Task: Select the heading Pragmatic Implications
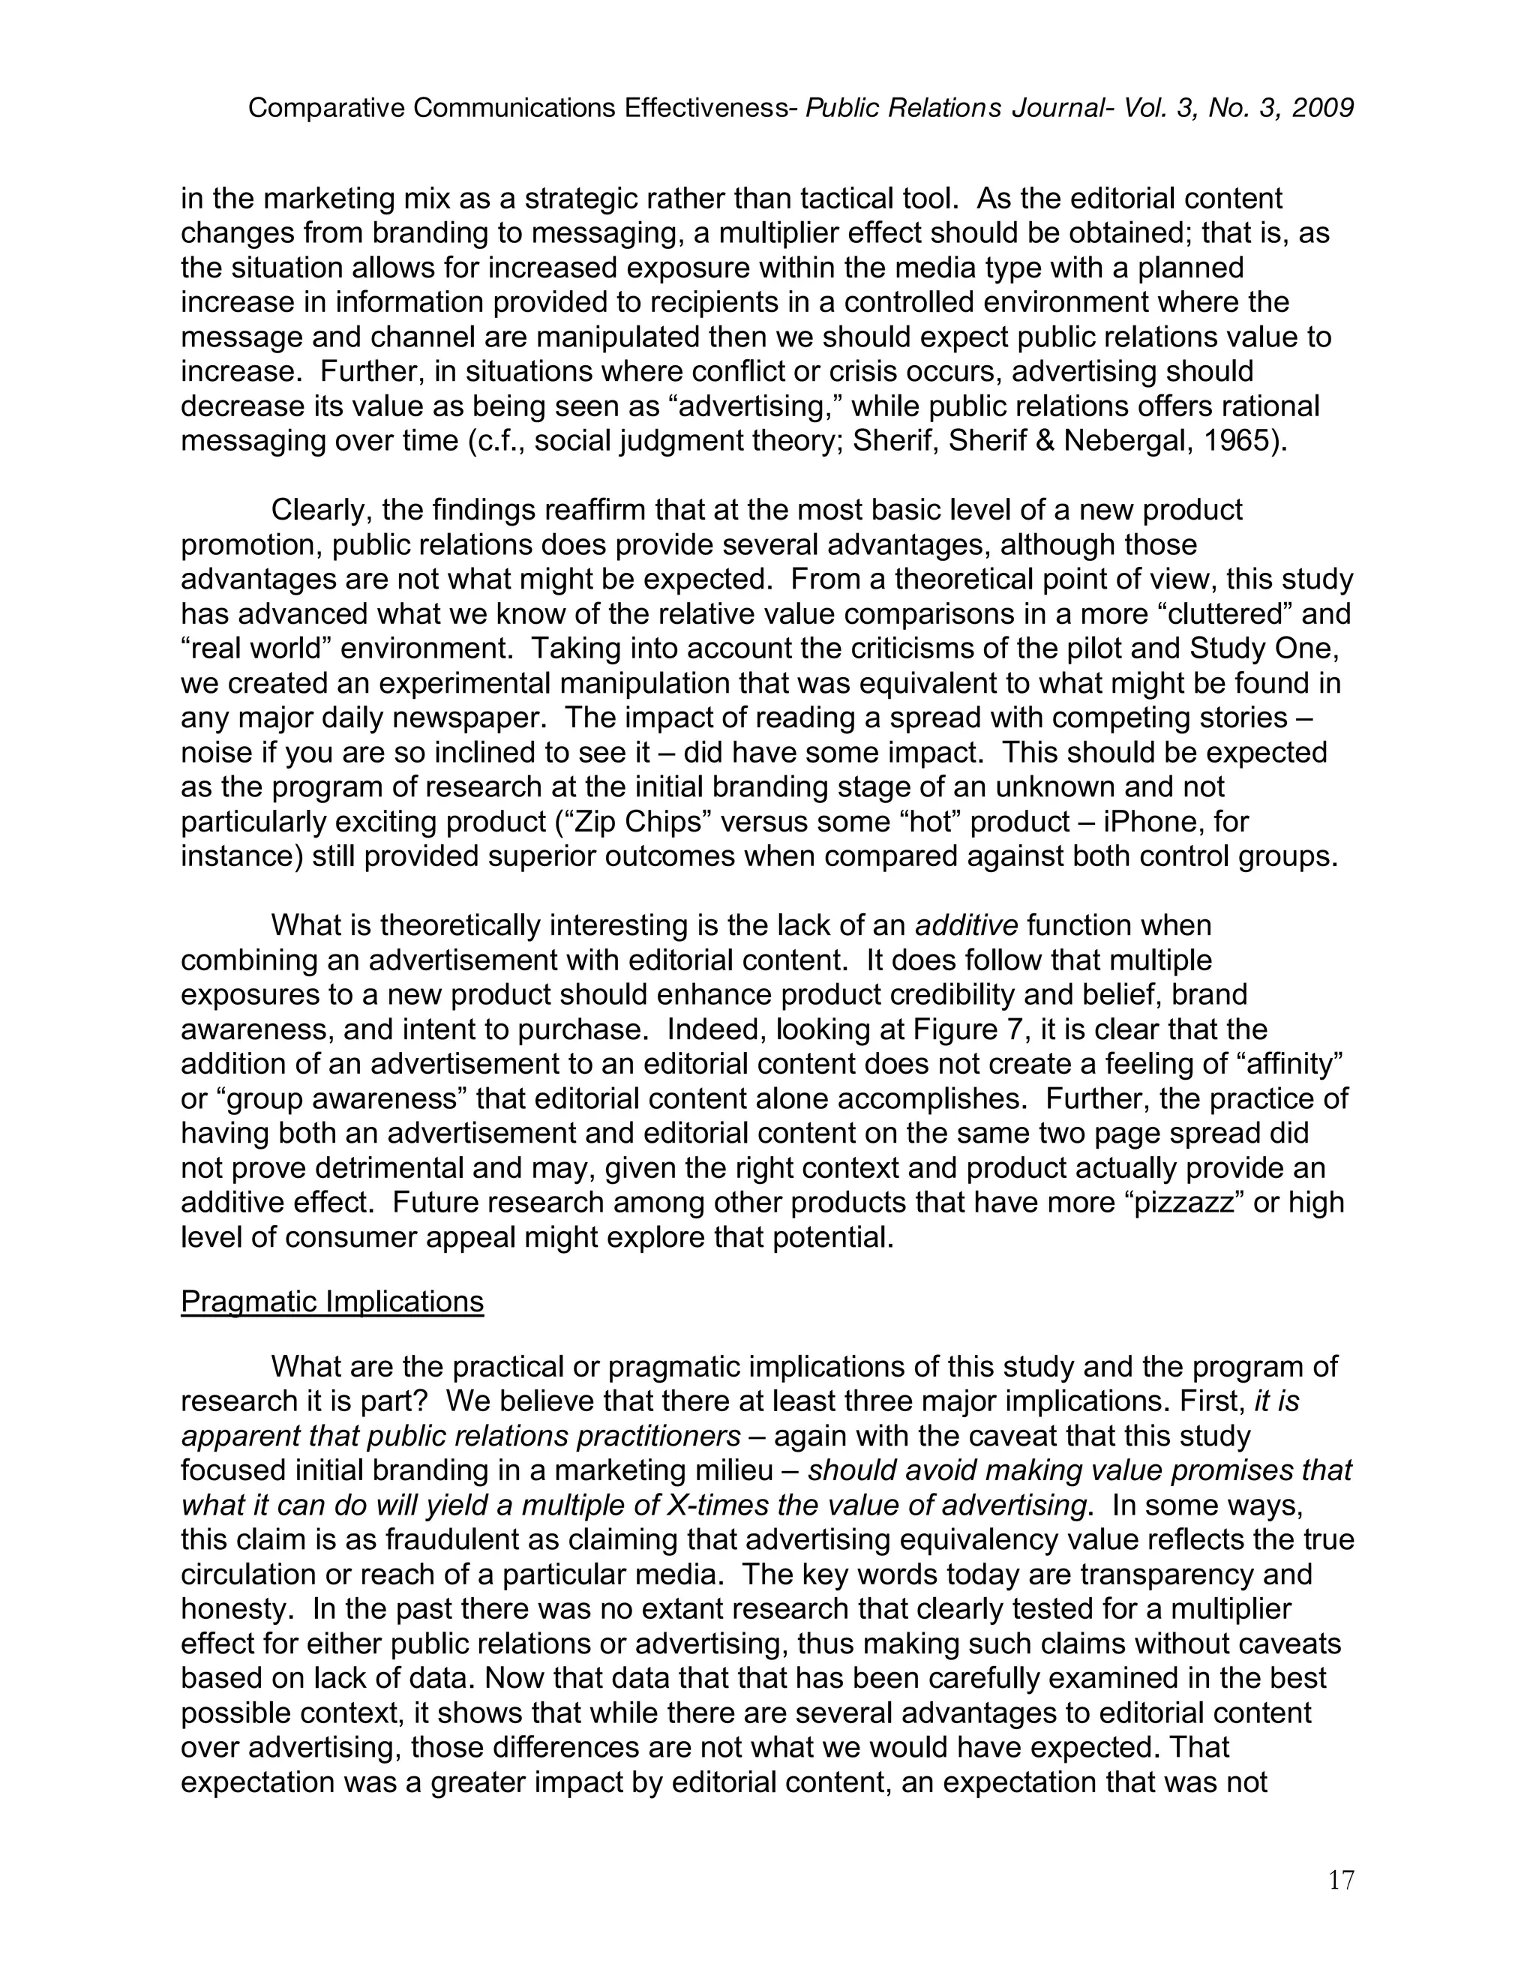click(x=332, y=1302)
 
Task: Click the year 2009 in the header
click(x=1323, y=108)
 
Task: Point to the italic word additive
click(x=965, y=925)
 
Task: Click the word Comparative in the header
click(x=327, y=108)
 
